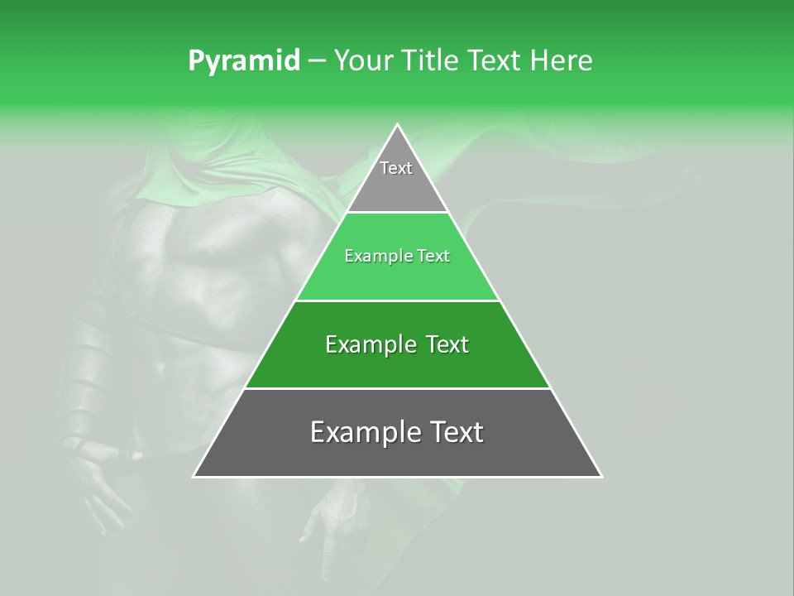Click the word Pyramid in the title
click(x=243, y=61)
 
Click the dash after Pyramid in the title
click(x=317, y=61)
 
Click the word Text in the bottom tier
click(x=454, y=433)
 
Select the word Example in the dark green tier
click(x=369, y=344)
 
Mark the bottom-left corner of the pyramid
click(x=194, y=476)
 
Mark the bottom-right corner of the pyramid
click(x=601, y=476)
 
